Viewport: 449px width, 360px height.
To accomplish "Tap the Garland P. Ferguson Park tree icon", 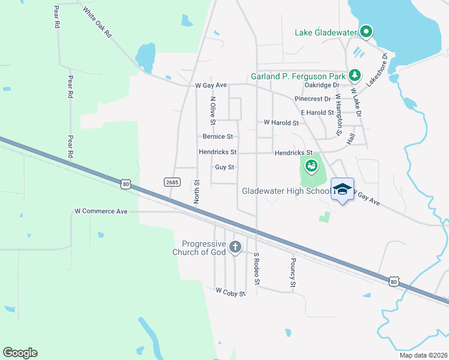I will [x=355, y=75].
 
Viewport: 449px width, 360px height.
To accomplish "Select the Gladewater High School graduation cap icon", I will [x=342, y=189].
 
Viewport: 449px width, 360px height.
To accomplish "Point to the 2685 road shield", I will [x=170, y=181].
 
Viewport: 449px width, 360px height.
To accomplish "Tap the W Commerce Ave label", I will [x=101, y=211].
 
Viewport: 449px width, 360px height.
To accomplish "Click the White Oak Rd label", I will [x=98, y=23].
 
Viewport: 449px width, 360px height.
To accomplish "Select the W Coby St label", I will [x=231, y=292].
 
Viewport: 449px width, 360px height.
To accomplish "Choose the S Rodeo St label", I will [x=256, y=268].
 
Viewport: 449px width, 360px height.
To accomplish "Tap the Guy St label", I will [x=224, y=167].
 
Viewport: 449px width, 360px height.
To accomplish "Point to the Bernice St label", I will [x=217, y=137].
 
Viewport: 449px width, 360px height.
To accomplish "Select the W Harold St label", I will [x=282, y=122].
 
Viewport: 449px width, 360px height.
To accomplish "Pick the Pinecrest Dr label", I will [x=313, y=98].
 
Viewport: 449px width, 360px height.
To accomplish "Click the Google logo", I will [x=20, y=353].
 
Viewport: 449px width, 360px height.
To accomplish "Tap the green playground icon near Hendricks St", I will [x=311, y=165].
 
